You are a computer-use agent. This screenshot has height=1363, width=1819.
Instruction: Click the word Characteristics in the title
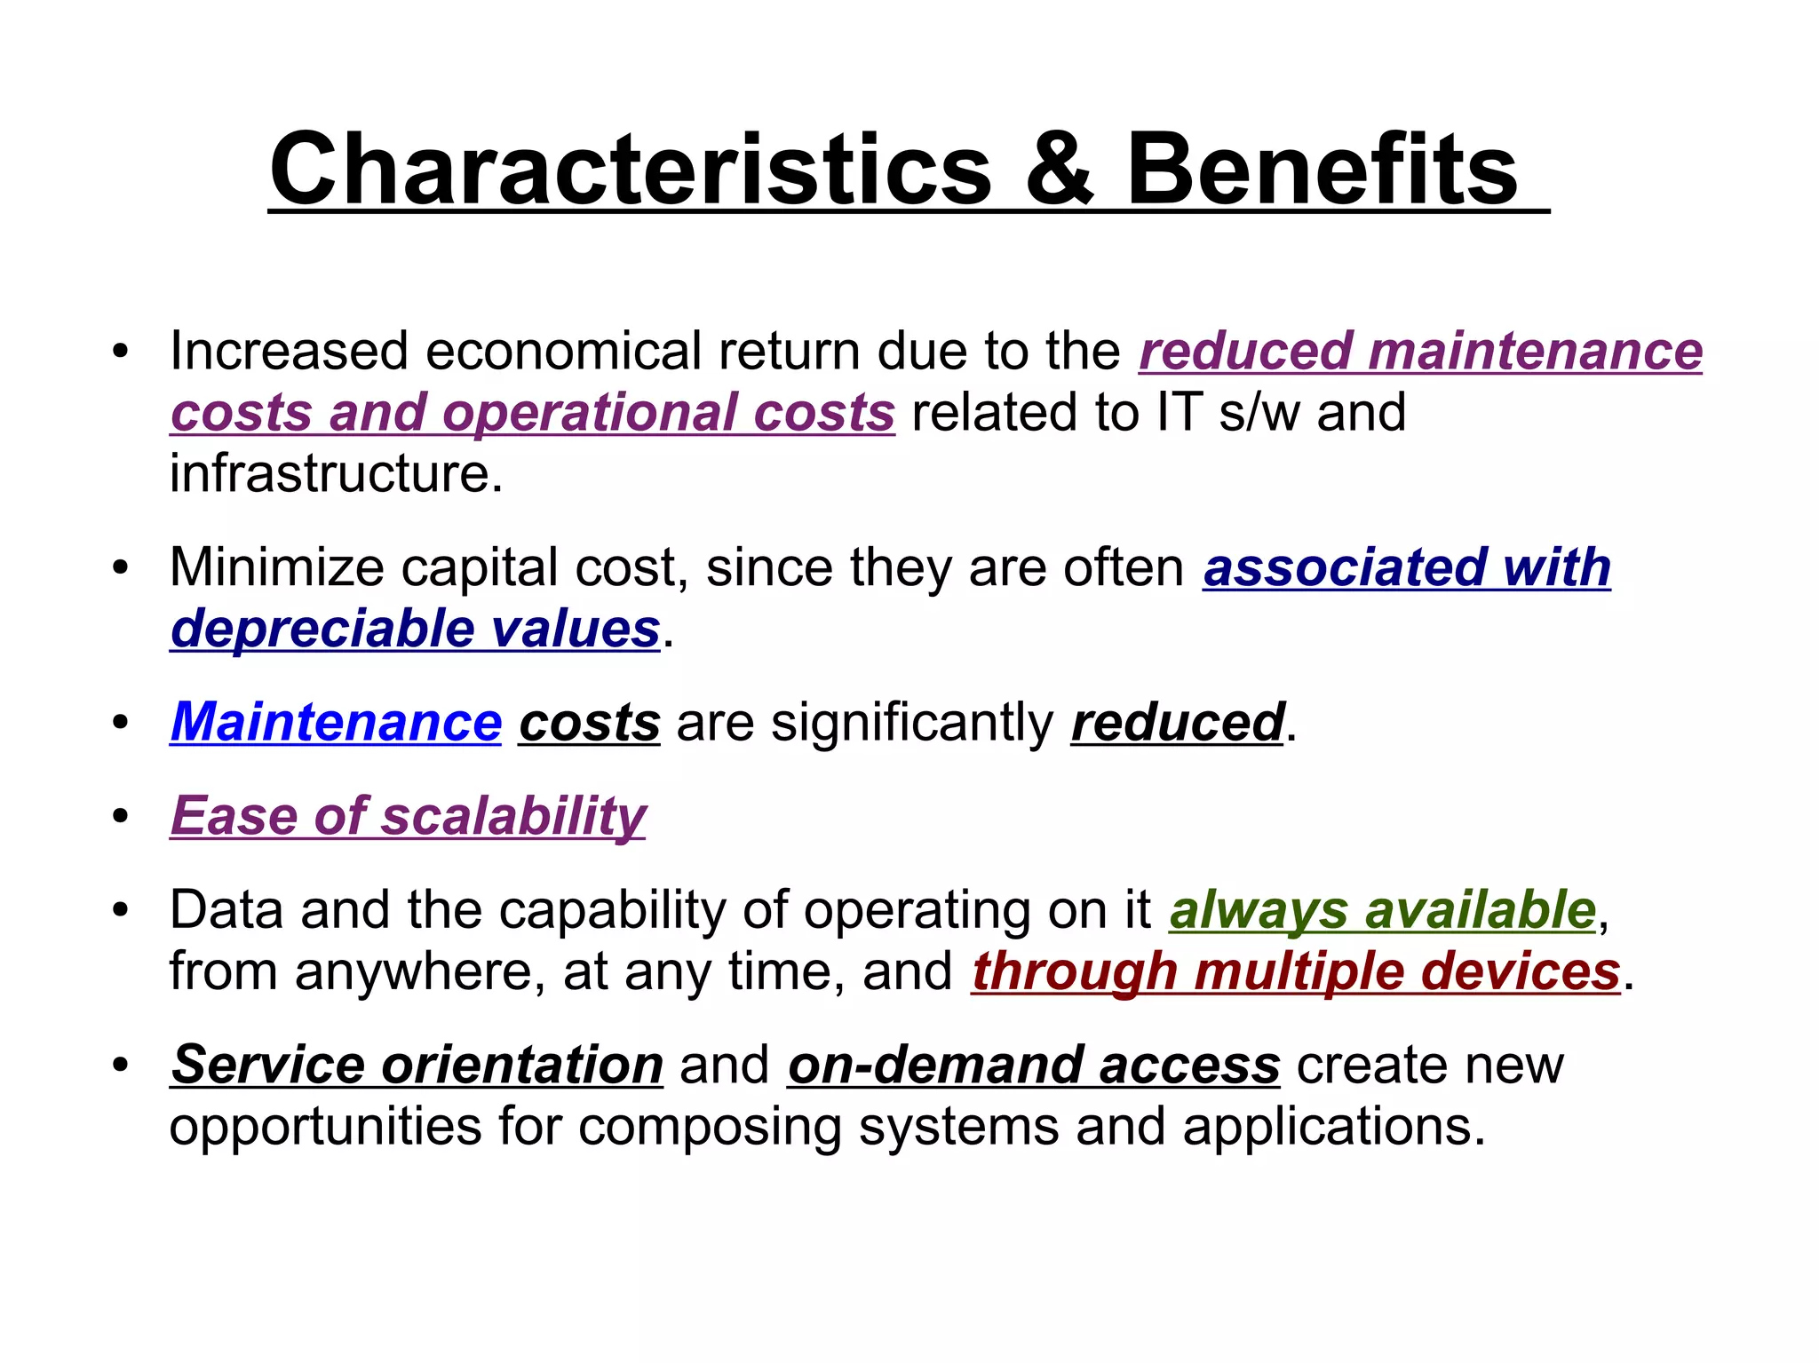click(x=630, y=169)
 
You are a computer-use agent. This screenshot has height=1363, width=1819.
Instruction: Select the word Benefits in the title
click(x=1323, y=169)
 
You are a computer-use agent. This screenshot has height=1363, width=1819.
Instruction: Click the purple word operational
click(x=587, y=413)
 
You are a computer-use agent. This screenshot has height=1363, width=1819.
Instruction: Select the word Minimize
click(x=276, y=567)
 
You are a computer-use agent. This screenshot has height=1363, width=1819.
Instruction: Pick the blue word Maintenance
click(x=336, y=722)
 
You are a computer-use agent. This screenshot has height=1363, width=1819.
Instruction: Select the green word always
click(x=1258, y=910)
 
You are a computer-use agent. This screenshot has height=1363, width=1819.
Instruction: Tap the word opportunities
click(x=325, y=1127)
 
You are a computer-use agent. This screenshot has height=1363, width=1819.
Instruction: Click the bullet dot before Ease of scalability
click(x=121, y=816)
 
